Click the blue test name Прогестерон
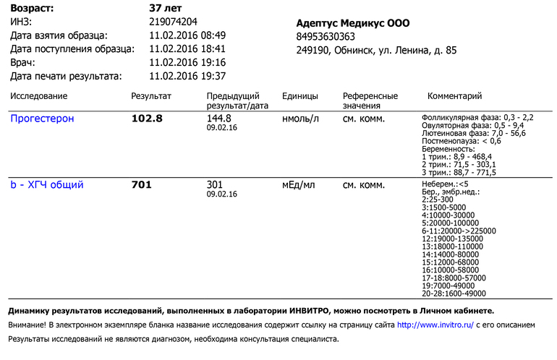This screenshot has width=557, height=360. coord(42,119)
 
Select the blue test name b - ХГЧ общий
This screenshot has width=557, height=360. coord(46,185)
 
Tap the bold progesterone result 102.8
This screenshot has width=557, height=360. coord(147,119)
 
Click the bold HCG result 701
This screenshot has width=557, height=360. coord(141,185)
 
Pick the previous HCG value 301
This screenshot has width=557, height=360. coord(215,184)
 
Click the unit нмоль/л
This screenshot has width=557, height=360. coord(300,119)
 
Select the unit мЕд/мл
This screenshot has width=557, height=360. coord(299,185)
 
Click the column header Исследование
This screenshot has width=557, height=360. coord(39,96)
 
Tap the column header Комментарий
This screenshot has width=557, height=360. coord(454,96)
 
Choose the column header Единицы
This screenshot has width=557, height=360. coord(300,96)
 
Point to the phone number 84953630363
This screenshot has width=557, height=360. coord(326,37)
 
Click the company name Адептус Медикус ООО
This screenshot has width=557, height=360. coord(353,23)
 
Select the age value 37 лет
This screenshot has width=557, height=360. coord(165,8)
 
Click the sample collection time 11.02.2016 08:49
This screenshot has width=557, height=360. coord(187,35)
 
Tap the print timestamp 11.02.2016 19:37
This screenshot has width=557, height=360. coord(187,76)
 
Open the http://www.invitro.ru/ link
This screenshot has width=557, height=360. coord(435,325)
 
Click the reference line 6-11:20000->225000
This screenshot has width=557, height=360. coord(459,231)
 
